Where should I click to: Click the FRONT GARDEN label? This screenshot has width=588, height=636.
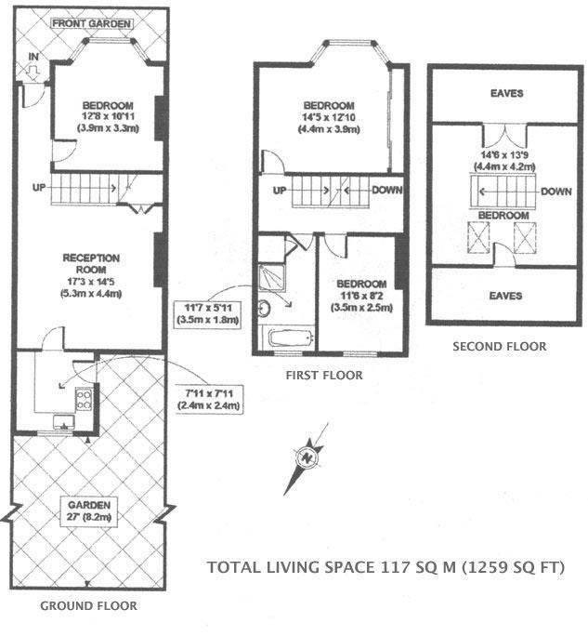click(x=92, y=23)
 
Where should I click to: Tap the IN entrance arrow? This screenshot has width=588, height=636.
click(x=33, y=73)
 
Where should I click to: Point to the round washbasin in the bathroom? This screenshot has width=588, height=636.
click(x=264, y=309)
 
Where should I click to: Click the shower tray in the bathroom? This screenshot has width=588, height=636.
click(x=271, y=278)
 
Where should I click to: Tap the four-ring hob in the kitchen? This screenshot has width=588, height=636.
click(x=84, y=399)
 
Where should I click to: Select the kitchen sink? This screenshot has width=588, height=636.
click(x=64, y=422)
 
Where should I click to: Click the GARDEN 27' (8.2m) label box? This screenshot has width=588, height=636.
click(x=89, y=511)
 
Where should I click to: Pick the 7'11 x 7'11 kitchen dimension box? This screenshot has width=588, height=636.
click(x=209, y=400)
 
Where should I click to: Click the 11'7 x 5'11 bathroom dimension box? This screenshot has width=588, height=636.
click(x=207, y=313)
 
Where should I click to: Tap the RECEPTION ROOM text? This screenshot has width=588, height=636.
click(x=91, y=264)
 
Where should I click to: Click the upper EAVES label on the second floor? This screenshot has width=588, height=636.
click(x=506, y=93)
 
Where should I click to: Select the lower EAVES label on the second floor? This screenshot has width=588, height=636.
click(x=505, y=296)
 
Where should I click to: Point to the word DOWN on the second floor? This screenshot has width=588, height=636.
click(x=556, y=192)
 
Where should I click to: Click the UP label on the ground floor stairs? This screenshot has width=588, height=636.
click(x=39, y=188)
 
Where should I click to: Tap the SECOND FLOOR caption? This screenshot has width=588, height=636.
click(x=499, y=347)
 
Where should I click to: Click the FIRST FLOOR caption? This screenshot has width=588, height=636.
click(x=324, y=376)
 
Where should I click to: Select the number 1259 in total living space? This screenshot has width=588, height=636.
click(x=486, y=566)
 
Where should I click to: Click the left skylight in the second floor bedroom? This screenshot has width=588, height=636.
click(x=478, y=237)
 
